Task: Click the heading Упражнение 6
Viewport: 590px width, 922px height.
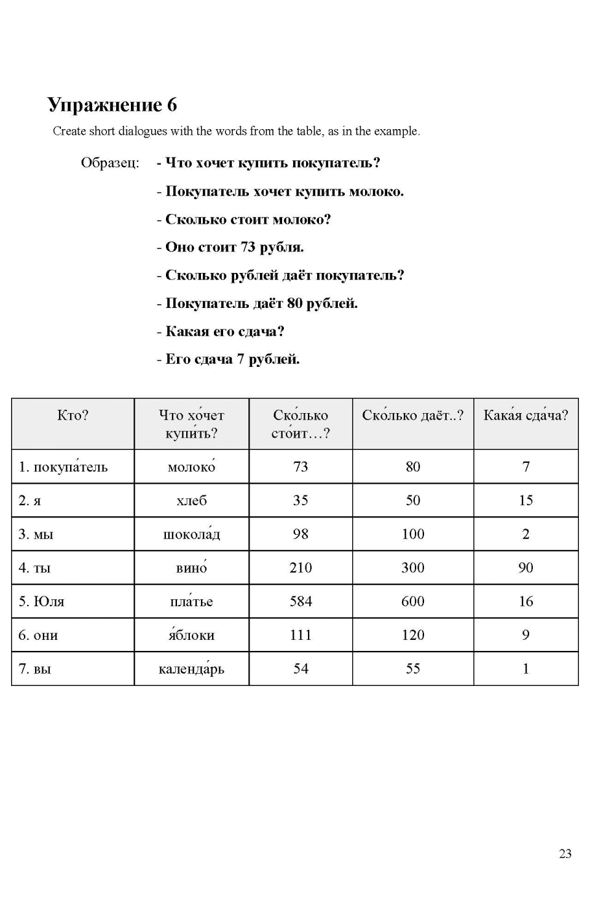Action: pos(112,104)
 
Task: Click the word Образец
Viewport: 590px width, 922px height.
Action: pos(109,163)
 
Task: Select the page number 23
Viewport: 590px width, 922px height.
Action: pos(565,853)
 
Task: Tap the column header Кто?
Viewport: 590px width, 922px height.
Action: pos(73,416)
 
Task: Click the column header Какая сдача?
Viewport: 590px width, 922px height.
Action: pos(525,416)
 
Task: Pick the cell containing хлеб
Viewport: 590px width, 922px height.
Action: pos(191,500)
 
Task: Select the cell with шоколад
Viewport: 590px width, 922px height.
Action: pos(191,534)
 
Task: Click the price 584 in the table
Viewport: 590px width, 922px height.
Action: pos(301,601)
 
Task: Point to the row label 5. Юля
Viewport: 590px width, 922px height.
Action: pos(41,601)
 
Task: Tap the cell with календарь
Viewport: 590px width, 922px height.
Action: pos(191,669)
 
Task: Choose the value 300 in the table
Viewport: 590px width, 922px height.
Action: pos(412,567)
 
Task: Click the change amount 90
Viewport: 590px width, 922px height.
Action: pos(525,567)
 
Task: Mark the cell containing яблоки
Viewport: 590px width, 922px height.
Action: pos(191,635)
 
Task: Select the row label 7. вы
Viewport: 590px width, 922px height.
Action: pos(34,669)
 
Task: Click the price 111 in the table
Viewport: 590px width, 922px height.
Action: pos(301,635)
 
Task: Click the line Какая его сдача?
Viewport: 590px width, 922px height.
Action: pos(221,331)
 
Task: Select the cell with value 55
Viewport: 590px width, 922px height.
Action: pos(412,669)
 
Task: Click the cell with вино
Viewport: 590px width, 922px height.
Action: pos(191,567)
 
